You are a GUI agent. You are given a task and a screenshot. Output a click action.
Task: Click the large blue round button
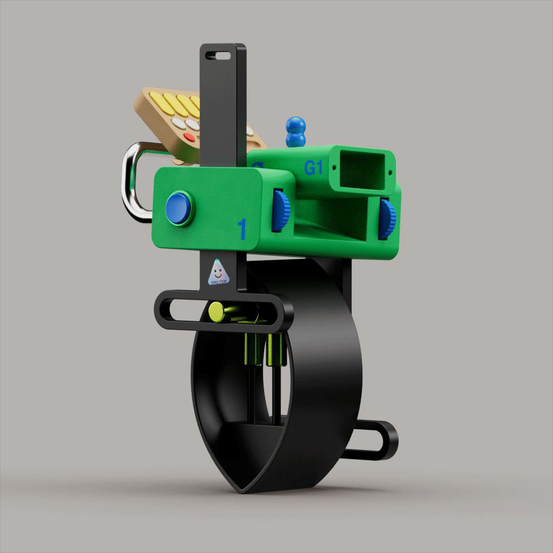point(178,207)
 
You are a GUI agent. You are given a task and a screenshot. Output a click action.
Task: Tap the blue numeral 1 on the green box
point(242,230)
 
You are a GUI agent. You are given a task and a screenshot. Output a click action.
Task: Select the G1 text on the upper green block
point(313,168)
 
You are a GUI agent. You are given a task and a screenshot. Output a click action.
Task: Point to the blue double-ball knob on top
point(295,132)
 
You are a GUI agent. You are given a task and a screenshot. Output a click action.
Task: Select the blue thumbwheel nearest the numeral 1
point(280,210)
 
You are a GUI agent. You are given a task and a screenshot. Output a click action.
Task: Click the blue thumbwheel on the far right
point(386,218)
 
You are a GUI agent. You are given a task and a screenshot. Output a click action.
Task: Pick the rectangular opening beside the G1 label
point(362,169)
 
